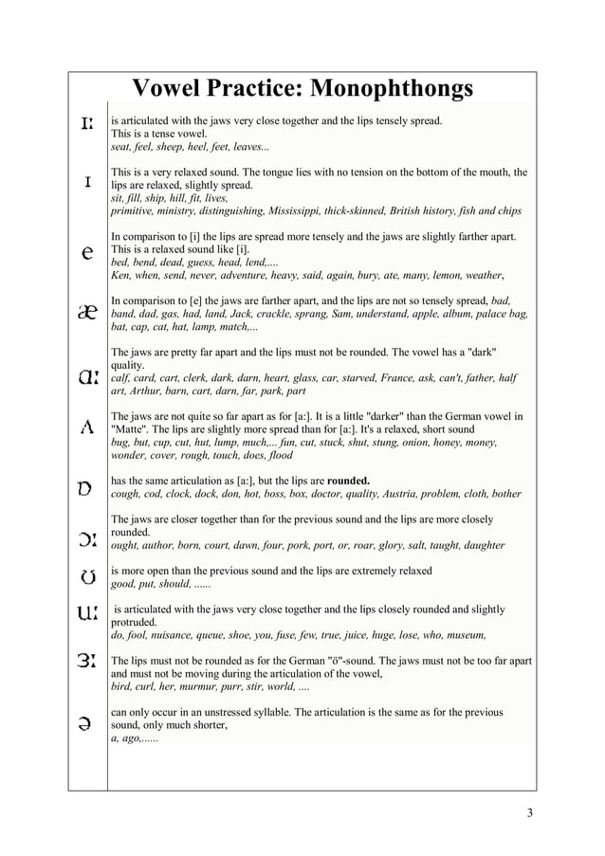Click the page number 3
coord(530,812)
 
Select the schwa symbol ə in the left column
coord(86,723)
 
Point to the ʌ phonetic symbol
coord(86,428)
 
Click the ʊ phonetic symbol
coord(86,577)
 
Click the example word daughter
coord(481,545)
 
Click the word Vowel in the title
coord(172,89)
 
